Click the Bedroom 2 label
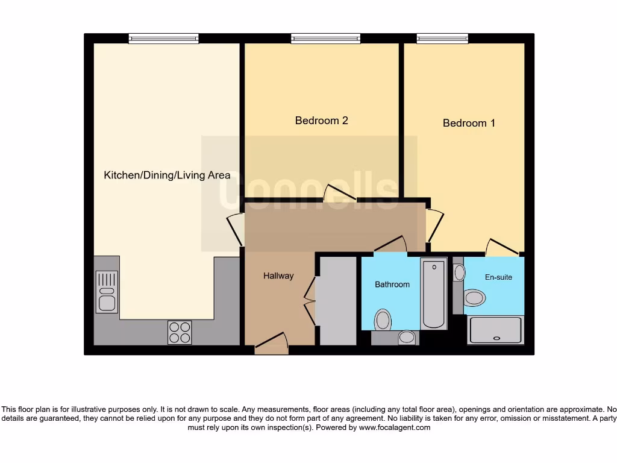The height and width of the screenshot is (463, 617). coord(321,121)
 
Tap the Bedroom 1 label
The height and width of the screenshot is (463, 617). coord(469,123)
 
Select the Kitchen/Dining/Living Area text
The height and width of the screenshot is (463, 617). coord(167,175)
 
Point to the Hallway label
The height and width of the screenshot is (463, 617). coord(278,276)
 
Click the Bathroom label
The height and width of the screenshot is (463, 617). coord(392,285)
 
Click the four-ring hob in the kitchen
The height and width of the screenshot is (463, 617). coord(180,332)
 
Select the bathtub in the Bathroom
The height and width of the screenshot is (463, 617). coord(434,294)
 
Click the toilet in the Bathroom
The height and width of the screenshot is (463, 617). coord(383,320)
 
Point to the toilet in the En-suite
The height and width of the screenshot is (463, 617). coord(475,297)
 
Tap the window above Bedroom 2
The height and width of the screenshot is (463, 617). coord(325,39)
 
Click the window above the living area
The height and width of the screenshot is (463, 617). coord(164,39)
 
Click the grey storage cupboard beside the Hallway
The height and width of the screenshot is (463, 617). coord(337,300)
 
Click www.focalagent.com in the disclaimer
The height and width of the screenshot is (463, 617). coord(395,427)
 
